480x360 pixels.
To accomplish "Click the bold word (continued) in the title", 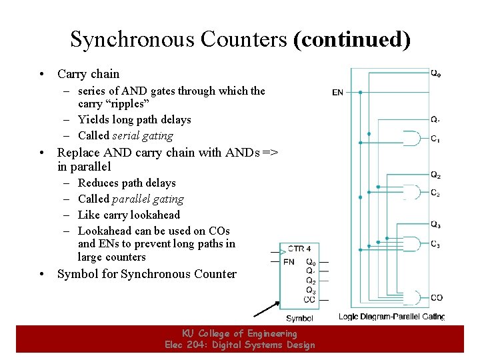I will point(351,39).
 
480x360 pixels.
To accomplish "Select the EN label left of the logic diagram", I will point(338,92).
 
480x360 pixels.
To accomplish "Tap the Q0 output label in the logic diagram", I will point(435,73).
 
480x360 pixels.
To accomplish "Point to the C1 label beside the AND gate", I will point(435,139).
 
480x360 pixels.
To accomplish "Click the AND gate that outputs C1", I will point(412,139).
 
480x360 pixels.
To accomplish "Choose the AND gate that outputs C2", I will point(412,193).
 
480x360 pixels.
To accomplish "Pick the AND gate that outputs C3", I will point(412,244).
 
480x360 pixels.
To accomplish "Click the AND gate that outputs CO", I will point(412,297).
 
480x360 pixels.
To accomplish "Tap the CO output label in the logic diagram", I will point(436,297).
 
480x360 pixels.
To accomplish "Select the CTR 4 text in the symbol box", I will point(299,249).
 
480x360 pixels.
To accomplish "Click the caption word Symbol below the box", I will point(299,319).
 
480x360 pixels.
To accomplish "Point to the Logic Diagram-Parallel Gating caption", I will point(391,316).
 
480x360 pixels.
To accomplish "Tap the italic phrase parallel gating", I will point(148,199).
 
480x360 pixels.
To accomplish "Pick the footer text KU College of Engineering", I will point(239,333).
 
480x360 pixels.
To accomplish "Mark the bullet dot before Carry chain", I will point(41,74).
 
